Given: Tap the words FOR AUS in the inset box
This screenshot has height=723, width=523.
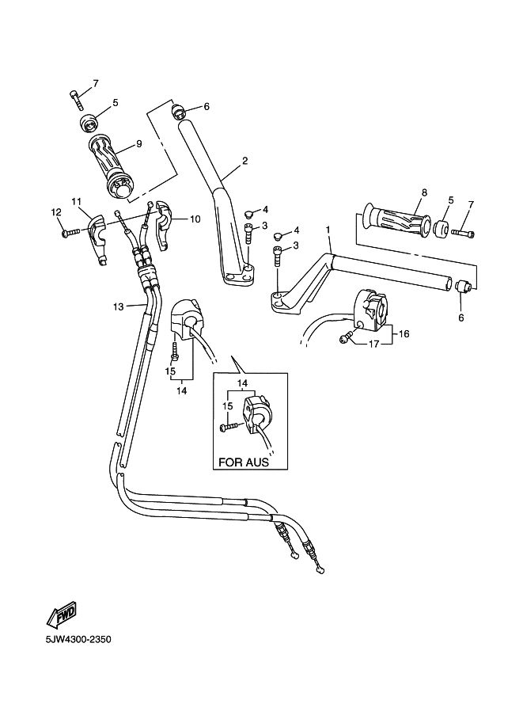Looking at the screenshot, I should click(243, 462).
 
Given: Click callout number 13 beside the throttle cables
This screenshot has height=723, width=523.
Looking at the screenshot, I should click(118, 306).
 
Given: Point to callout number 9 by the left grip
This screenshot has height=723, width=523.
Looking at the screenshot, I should click(138, 144).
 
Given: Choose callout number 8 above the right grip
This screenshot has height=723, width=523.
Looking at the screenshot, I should click(424, 192).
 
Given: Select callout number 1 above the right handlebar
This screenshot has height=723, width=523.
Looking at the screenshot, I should click(327, 229).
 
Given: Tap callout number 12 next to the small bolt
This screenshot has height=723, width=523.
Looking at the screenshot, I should click(56, 211).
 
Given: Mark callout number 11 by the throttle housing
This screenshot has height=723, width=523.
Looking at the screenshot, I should click(77, 203).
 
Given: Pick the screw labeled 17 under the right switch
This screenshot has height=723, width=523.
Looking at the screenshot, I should click(346, 338).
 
